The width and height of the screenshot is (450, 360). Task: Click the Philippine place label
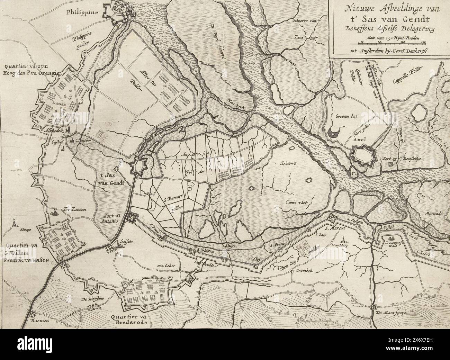tap(83, 12)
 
